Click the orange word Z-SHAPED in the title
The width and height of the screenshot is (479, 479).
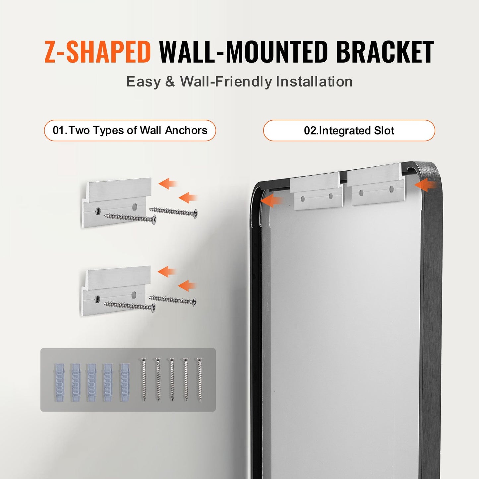point(98,52)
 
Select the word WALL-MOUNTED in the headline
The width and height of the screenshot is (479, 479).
point(244,52)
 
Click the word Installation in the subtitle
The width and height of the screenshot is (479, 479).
point(314,82)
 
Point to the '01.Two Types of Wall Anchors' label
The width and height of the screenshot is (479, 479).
point(130,130)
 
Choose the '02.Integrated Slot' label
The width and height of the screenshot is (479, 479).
point(349,131)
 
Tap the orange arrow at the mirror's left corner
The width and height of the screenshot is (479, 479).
point(271,200)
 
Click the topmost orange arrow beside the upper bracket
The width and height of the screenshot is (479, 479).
point(168,183)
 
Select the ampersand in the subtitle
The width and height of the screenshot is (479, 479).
point(170,82)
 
